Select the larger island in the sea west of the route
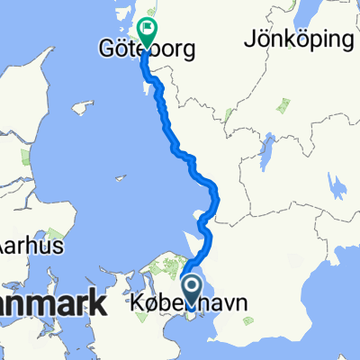(83, 108)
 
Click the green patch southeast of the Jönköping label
(286, 106)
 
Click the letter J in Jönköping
(247, 40)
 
